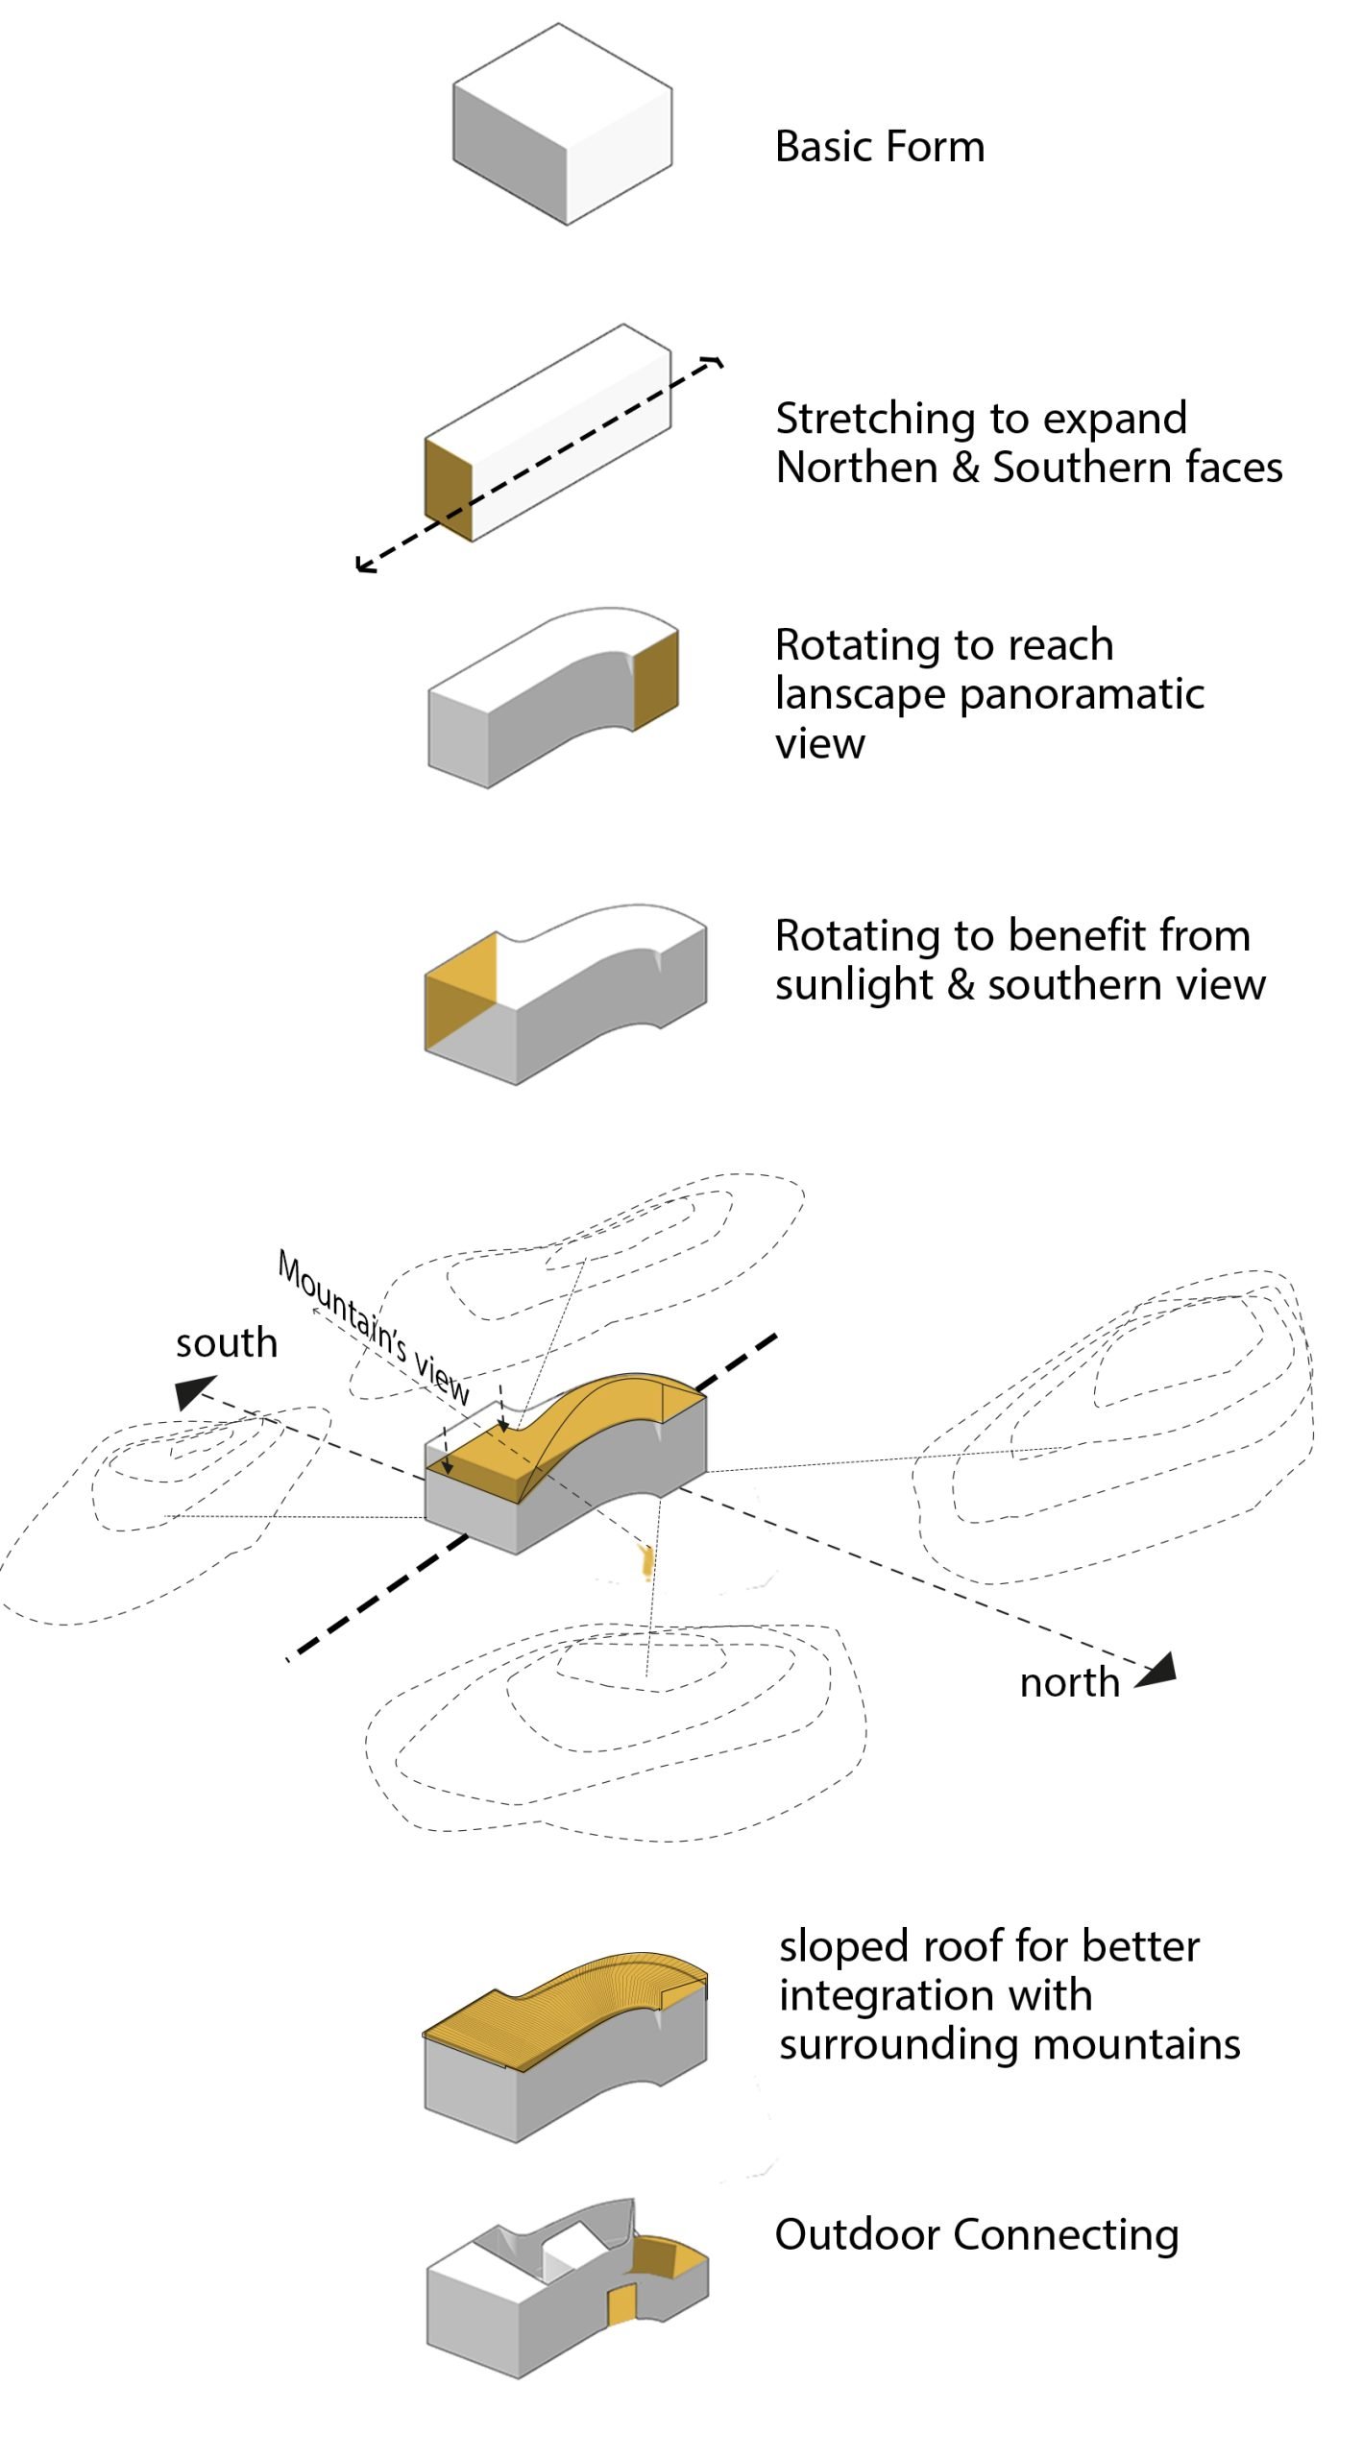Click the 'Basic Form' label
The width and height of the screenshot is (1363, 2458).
coord(879,147)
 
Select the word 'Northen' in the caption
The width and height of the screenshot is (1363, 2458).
coord(856,468)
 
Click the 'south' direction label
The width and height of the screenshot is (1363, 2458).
coord(226,1342)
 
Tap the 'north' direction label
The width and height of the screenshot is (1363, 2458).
coord(1069,1682)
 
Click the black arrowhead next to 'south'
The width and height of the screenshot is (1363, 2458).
coord(193,1392)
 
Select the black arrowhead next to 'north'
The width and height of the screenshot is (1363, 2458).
coord(1157,1672)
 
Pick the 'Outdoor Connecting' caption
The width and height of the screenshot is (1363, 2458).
coord(976,2234)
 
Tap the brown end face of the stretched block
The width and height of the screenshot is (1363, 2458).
coord(449,490)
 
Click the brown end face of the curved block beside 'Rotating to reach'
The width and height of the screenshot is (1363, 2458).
coord(656,680)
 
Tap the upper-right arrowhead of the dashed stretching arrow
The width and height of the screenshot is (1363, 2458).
coord(716,362)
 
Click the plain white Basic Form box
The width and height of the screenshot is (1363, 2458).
coord(562,125)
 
